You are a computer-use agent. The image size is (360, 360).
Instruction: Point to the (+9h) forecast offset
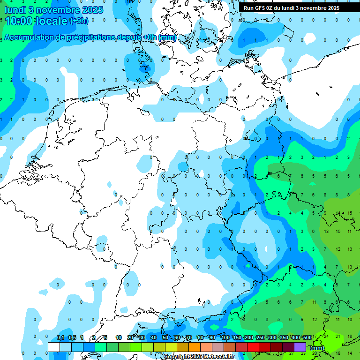coord(78,21)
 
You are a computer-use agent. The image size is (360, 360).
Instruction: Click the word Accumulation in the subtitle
coord(28,37)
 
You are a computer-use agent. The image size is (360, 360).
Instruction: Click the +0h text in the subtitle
coord(150,37)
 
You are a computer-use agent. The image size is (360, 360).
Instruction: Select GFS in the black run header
coord(260,8)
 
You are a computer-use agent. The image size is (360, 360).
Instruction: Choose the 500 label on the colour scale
coord(307,337)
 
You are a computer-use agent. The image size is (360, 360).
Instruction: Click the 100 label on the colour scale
coord(225,337)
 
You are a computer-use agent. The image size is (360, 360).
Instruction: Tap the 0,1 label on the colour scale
coord(60,337)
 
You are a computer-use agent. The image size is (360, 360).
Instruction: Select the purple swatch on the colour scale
coord(300,347)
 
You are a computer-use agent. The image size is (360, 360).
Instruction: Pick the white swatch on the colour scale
coord(54,347)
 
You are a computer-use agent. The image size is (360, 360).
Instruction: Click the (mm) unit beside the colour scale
coord(317,348)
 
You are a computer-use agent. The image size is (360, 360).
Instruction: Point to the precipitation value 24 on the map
coord(326,337)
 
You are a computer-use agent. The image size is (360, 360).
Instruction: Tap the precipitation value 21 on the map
coord(338,337)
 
